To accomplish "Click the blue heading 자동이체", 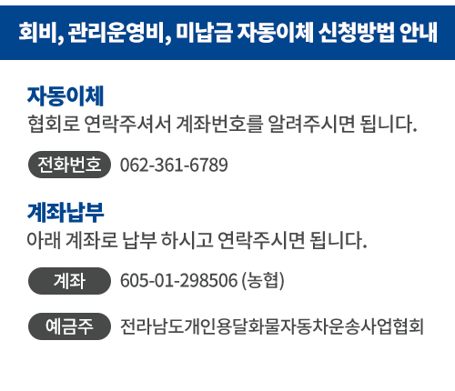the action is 66,95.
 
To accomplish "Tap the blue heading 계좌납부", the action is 66,212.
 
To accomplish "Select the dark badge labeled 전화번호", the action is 69,165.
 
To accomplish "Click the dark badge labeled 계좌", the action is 69,281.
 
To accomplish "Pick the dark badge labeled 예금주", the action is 69,326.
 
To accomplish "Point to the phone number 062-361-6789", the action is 174,165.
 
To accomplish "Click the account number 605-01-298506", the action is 178,280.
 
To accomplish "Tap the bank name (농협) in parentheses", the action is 263,280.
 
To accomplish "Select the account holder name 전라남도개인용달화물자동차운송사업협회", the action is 272,326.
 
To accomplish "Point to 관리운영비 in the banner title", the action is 116,33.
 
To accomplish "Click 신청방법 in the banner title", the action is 357,32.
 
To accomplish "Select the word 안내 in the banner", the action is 419,32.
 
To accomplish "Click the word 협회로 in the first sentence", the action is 54,124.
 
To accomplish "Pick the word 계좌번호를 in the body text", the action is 219,124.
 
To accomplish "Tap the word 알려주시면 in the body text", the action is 311,124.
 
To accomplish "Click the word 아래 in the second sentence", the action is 44,240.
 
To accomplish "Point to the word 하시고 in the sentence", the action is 187,240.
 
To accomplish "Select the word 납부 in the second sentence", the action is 139,240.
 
